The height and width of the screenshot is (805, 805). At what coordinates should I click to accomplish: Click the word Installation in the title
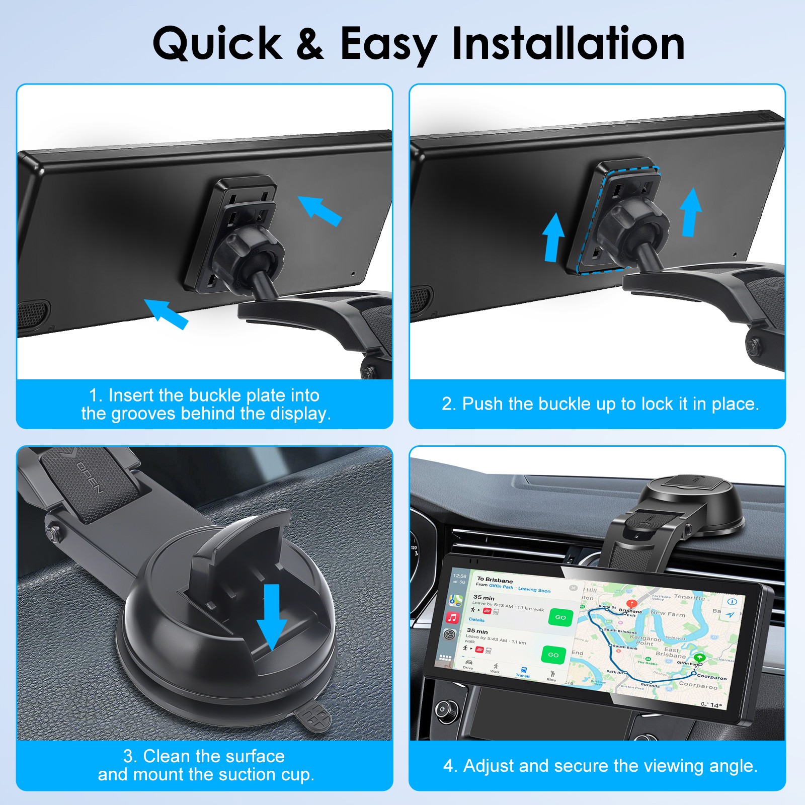[569, 44]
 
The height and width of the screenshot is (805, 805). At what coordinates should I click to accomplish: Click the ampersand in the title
[310, 44]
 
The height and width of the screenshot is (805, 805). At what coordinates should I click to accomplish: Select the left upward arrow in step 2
[553, 236]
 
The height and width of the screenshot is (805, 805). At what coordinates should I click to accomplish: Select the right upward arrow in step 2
[691, 212]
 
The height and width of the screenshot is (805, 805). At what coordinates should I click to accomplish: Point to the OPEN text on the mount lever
[91, 478]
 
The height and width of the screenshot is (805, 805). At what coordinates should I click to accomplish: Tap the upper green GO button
[560, 617]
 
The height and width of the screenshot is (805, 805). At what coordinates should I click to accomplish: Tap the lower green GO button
[553, 655]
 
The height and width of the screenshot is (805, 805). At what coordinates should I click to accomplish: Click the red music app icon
[452, 617]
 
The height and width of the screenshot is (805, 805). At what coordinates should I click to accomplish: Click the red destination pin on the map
[631, 603]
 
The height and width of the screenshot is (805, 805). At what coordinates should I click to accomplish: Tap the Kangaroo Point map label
[646, 640]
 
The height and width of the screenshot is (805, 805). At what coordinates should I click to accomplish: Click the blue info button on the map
[732, 601]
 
